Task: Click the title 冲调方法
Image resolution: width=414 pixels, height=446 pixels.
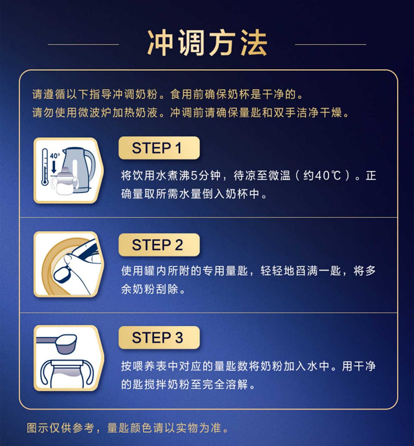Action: click(x=207, y=43)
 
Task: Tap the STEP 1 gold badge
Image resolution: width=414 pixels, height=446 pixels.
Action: click(x=159, y=148)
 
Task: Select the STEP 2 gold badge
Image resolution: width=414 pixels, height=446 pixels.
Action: click(x=159, y=245)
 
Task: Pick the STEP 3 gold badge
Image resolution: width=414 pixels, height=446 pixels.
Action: click(x=159, y=338)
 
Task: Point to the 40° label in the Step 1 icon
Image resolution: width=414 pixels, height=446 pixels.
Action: click(x=55, y=156)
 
